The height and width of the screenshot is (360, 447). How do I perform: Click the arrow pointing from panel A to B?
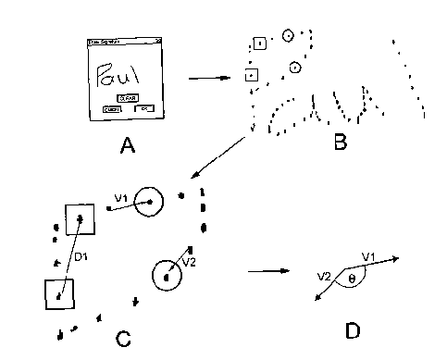(x=208, y=78)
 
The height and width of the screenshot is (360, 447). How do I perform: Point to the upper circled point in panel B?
(x=288, y=36)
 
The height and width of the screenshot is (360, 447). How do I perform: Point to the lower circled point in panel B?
(x=294, y=67)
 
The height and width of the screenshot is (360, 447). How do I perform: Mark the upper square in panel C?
(x=78, y=219)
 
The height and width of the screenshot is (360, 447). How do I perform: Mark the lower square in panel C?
(x=59, y=294)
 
